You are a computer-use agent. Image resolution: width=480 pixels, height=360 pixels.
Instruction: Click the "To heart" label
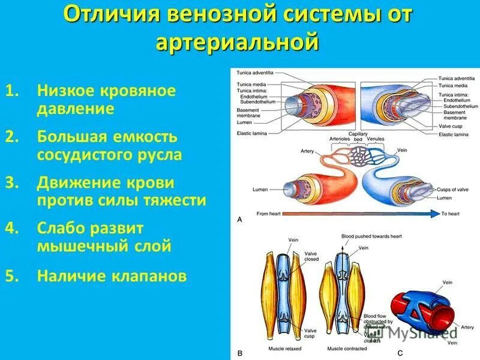coord(452,214)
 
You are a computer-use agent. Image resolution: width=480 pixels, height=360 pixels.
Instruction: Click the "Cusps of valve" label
coord(452,190)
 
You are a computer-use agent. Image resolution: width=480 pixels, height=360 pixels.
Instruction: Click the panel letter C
coord(400,353)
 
